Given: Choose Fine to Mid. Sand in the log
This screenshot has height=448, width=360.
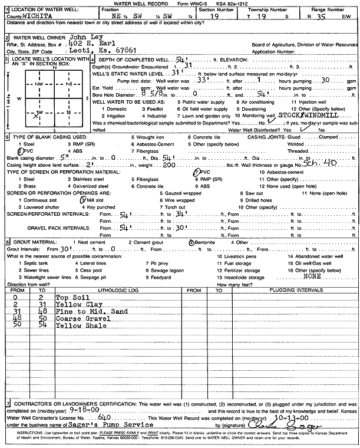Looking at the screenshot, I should pyautogui.click(x=86, y=311).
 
